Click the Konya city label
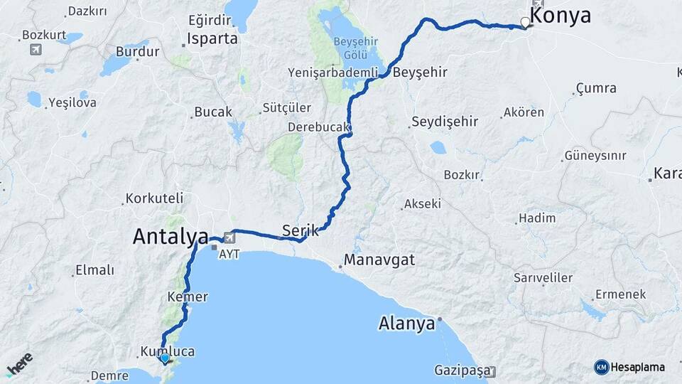[x=561, y=16]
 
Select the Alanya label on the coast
[x=406, y=324]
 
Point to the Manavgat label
[x=379, y=260]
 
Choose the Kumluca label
[x=168, y=352]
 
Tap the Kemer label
[x=188, y=297]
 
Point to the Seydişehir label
[x=445, y=122]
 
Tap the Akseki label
[x=422, y=204]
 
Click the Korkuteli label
[x=154, y=198]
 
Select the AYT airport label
[x=230, y=254]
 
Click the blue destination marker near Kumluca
[x=165, y=359]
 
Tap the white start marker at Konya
[x=525, y=22]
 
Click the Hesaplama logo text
[x=637, y=367]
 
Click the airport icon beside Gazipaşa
[x=492, y=371]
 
